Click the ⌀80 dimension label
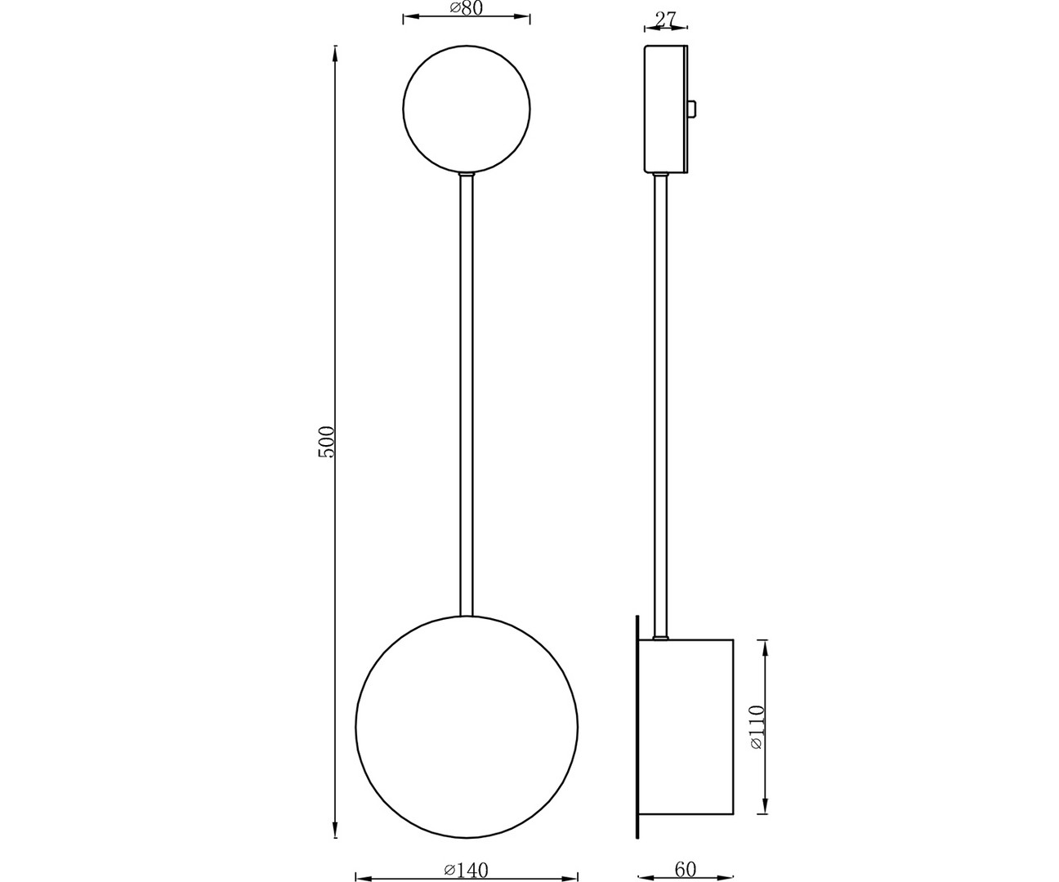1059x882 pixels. [467, 8]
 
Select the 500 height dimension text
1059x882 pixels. [326, 441]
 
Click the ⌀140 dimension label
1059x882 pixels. [467, 869]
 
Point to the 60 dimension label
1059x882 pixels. [686, 869]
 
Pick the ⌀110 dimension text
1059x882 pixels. [755, 727]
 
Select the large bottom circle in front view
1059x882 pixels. [467, 726]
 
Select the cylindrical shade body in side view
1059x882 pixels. [686, 726]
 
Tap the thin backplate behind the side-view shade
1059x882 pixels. [637, 726]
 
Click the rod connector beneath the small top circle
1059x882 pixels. [467, 174]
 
